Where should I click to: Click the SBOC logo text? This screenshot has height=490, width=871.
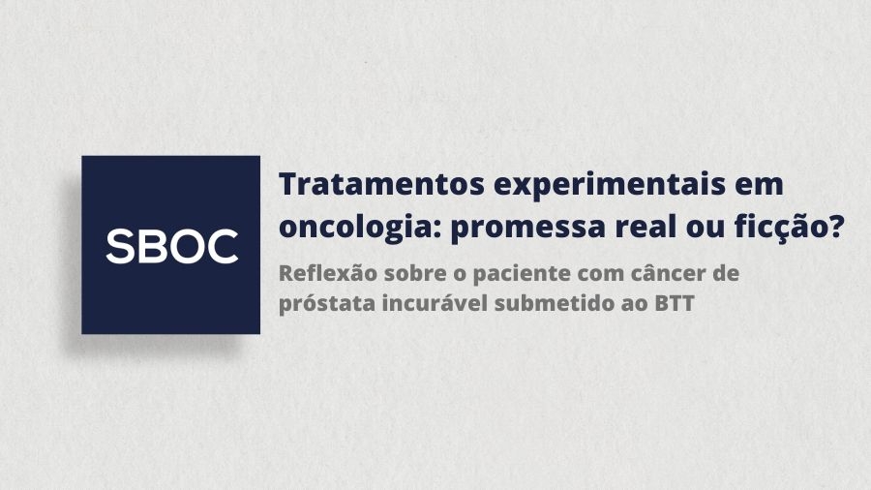(x=171, y=246)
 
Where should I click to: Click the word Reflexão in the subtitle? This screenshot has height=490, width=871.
(x=320, y=272)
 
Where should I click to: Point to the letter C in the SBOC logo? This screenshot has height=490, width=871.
(x=222, y=246)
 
